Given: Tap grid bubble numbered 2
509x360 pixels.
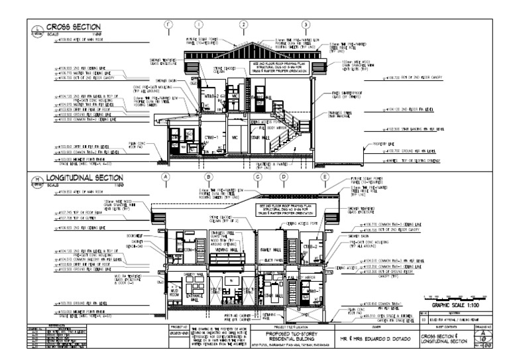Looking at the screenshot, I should tap(243, 25).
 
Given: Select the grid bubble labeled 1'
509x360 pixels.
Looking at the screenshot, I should tap(169, 25).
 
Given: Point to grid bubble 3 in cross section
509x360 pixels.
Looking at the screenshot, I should tap(306, 25).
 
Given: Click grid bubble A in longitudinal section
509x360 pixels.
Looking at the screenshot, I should tap(166, 177).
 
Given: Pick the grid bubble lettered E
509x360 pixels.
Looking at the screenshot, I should tap(325, 177).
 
